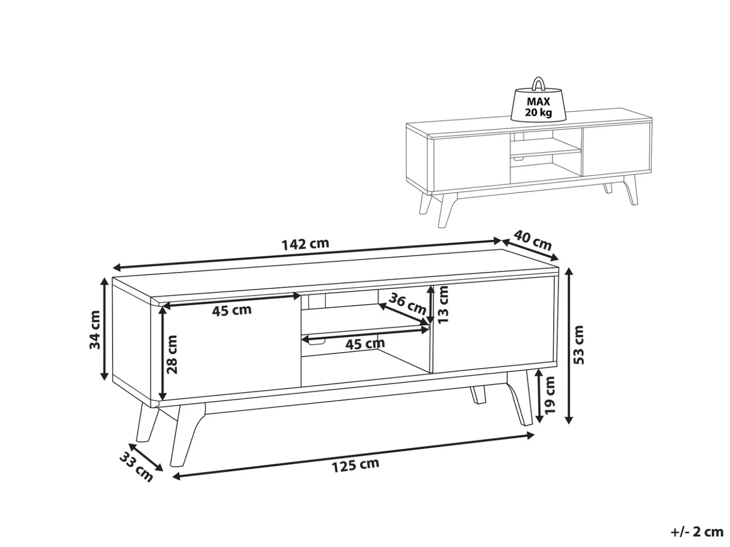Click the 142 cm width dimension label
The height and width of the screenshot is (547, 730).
[305, 244]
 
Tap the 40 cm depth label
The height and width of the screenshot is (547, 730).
[532, 240]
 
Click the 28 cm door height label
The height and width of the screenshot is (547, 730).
[172, 354]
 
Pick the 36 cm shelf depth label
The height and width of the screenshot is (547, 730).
[407, 304]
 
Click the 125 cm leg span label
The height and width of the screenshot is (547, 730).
[355, 465]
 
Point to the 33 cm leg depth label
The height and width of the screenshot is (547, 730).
[136, 467]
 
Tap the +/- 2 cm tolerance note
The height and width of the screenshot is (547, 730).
[691, 532]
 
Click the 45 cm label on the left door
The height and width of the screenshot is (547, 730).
[232, 310]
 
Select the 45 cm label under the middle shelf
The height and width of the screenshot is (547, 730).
[365, 344]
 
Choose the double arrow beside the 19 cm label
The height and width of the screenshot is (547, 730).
[539, 396]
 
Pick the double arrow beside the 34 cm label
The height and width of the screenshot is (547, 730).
[104, 329]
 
